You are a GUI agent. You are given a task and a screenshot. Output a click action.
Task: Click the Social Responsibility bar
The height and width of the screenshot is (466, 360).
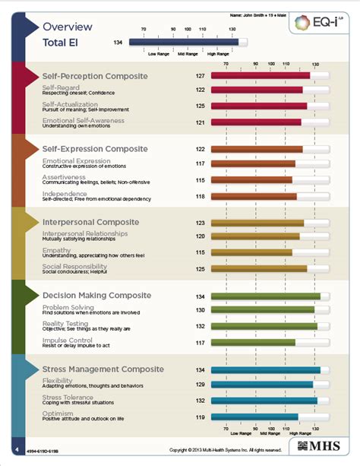coord(258,268)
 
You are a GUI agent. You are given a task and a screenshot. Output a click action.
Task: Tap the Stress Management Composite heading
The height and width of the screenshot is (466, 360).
coord(103,369)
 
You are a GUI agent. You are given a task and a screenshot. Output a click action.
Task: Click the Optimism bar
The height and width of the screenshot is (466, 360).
coord(254,417)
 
